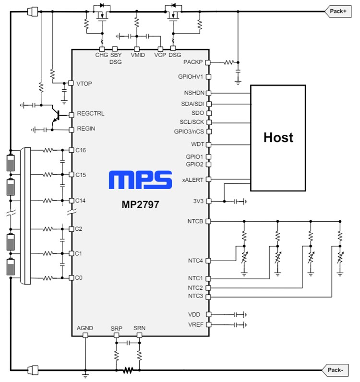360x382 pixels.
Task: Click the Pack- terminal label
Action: (x=336, y=370)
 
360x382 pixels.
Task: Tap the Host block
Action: (x=278, y=138)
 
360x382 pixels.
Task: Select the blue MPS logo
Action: (x=140, y=180)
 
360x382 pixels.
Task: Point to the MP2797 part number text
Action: (x=140, y=204)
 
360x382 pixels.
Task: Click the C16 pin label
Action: (x=81, y=150)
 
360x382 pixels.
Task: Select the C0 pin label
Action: (x=80, y=278)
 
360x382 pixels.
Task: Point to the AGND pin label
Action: (x=85, y=328)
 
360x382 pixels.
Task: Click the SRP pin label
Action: (x=116, y=328)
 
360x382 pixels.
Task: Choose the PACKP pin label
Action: (x=193, y=62)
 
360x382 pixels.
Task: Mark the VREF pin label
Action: (x=195, y=325)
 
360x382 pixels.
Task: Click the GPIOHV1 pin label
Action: (x=191, y=76)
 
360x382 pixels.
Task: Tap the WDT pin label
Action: (x=197, y=144)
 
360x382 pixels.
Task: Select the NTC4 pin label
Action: (x=196, y=261)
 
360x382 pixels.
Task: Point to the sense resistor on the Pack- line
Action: (x=128, y=370)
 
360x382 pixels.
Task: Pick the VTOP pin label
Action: (x=84, y=84)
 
